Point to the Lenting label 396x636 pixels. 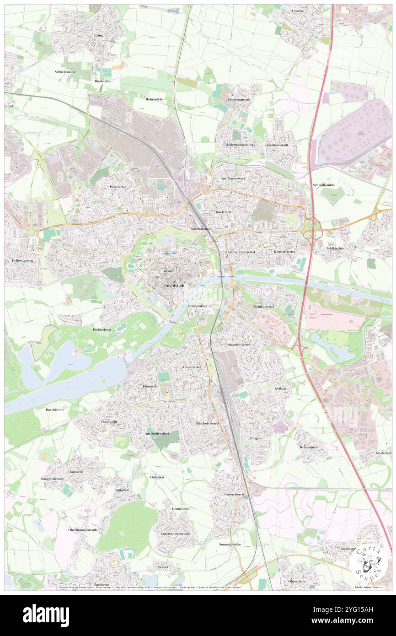coord(297,10)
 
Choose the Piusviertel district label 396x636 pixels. coord(118,187)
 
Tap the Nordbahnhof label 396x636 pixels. coord(200,228)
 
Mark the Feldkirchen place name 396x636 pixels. coord(335,248)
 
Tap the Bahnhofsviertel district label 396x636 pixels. coord(207,424)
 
